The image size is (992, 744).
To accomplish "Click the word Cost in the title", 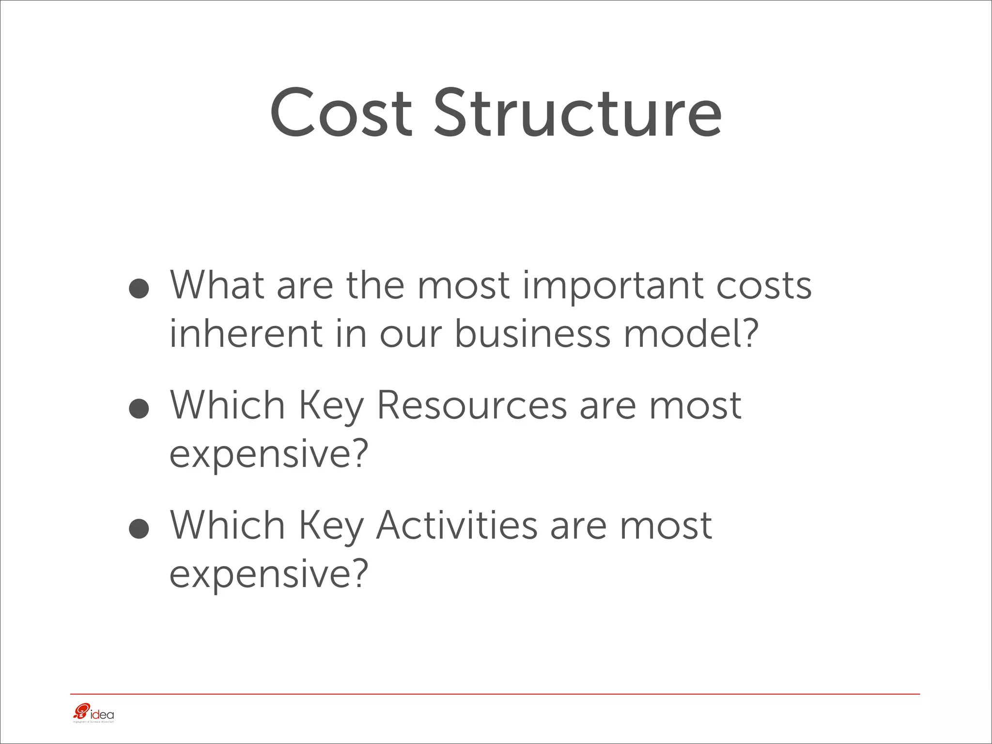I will pyautogui.click(x=341, y=113).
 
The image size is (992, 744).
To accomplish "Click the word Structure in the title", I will pyautogui.click(x=577, y=113).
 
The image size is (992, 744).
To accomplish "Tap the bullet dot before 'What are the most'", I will pyautogui.click(x=139, y=288).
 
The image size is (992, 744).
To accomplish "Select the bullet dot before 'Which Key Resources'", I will pyautogui.click(x=139, y=408).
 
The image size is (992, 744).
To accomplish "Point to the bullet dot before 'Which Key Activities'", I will pyautogui.click(x=139, y=528).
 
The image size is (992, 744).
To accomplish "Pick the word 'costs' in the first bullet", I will pyautogui.click(x=764, y=286).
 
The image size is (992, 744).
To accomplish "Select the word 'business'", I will pyautogui.click(x=532, y=334).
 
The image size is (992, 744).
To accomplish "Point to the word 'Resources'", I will pyautogui.click(x=471, y=405).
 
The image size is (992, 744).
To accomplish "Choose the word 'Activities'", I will pyautogui.click(x=456, y=526).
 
